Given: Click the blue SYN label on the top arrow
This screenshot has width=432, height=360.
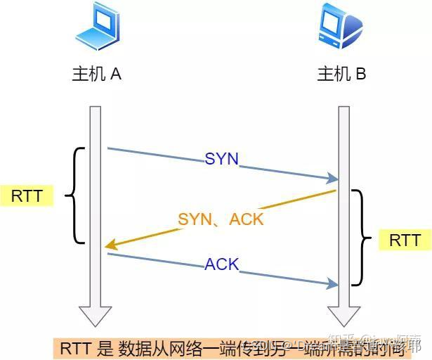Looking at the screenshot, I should (222, 159).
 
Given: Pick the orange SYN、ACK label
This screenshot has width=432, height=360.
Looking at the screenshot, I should (221, 219).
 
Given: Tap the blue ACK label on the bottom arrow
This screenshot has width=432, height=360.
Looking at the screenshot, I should (222, 265).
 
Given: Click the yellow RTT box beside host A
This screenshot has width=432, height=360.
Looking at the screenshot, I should (27, 195).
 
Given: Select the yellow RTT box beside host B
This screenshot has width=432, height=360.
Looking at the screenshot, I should (405, 240).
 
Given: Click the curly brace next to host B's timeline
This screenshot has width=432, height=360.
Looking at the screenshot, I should (360, 238).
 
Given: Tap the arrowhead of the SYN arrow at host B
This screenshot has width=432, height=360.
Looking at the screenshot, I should (333, 179).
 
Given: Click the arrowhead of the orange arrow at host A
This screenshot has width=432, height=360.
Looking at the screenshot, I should (110, 245).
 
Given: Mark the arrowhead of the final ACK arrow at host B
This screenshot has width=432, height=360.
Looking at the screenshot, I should (333, 283).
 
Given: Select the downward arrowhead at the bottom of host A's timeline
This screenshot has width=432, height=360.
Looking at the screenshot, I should (95, 316).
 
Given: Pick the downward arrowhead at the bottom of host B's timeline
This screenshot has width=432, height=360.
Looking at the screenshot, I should (343, 316).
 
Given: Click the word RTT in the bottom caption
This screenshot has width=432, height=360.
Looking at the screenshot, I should (75, 347).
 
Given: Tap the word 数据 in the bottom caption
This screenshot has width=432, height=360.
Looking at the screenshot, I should (133, 347).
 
